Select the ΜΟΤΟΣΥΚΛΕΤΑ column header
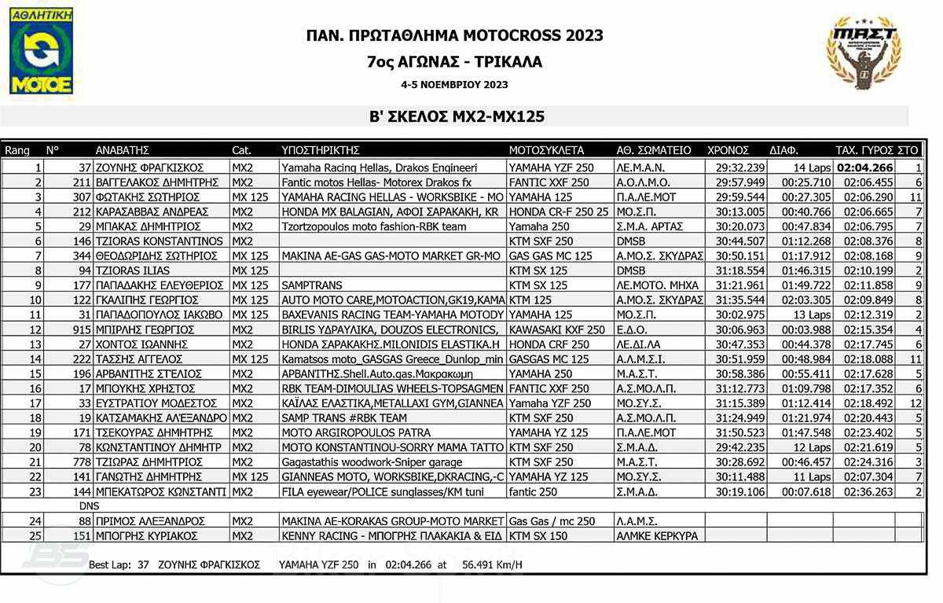(x=546, y=150)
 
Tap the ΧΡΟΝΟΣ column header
(x=728, y=150)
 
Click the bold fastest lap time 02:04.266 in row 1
(x=864, y=167)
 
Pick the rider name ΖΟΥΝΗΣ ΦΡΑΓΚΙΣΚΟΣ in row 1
(x=149, y=167)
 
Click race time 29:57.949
(x=740, y=182)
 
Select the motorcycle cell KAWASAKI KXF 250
(x=557, y=330)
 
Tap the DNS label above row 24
(x=90, y=507)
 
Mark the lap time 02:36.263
(x=868, y=492)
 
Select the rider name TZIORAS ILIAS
(x=133, y=270)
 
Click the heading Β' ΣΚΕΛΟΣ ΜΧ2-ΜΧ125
(x=457, y=116)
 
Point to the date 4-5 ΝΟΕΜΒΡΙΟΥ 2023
(x=454, y=85)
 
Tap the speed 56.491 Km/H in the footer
(x=492, y=564)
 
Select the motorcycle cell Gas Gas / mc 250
(x=552, y=521)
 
